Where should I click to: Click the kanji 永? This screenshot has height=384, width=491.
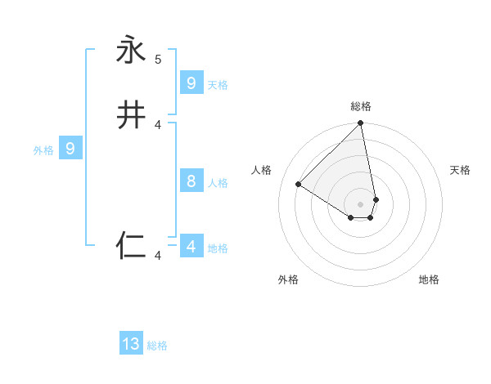(x=131, y=50)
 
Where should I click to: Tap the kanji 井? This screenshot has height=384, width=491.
(x=131, y=115)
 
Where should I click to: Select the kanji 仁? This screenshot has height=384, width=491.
(x=131, y=246)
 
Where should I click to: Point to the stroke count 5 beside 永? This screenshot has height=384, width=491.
(x=158, y=60)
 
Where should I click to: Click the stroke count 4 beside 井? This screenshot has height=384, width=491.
(x=158, y=125)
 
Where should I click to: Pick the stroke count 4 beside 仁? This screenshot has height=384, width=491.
(x=158, y=256)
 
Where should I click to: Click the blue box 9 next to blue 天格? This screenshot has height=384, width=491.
(x=191, y=83)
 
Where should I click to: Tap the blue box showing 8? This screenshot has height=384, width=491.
(x=191, y=181)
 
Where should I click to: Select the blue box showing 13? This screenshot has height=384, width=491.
(x=131, y=344)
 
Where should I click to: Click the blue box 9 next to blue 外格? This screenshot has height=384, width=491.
(x=70, y=149)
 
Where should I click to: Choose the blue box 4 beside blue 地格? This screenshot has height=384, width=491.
(x=191, y=246)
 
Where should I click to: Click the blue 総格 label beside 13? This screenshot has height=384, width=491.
(x=157, y=346)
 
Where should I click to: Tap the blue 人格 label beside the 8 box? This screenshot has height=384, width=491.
(x=218, y=183)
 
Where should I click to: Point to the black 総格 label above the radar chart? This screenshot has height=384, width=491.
(x=360, y=106)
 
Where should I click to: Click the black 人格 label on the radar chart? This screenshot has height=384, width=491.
(x=262, y=170)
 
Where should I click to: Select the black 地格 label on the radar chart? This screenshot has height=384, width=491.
(x=429, y=279)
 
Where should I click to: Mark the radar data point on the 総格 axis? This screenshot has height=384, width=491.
(x=360, y=124)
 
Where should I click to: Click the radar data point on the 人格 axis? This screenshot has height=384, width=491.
(x=299, y=184)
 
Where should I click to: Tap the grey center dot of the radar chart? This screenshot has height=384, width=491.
(x=360, y=204)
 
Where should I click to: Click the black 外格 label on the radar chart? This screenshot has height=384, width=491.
(x=288, y=279)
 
